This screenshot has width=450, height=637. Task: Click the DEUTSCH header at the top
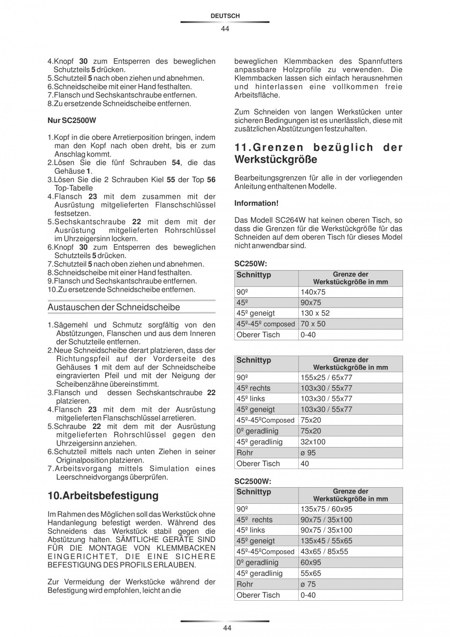(x=225, y=16)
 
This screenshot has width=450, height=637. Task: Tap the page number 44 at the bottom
(x=225, y=628)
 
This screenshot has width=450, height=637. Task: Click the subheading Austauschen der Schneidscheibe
(x=113, y=307)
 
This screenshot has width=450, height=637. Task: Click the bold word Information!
(x=256, y=203)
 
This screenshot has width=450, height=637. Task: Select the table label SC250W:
(x=250, y=263)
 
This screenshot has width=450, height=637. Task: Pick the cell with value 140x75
(x=313, y=292)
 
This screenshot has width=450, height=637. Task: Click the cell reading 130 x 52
(x=315, y=313)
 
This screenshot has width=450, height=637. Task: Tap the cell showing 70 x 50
(x=313, y=324)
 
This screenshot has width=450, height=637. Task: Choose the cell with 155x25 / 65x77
(x=326, y=377)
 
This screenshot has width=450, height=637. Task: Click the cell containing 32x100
(x=313, y=442)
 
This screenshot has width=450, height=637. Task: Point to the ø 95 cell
(x=308, y=453)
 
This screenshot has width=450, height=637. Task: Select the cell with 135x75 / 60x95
(x=326, y=509)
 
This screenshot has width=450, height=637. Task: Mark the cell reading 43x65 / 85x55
(x=324, y=552)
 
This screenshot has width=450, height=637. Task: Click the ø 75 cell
(x=308, y=584)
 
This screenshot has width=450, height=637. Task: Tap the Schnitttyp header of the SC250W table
(x=253, y=275)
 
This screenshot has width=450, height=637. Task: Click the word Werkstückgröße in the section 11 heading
(x=276, y=160)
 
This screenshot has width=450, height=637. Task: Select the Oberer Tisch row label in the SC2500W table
(x=258, y=595)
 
